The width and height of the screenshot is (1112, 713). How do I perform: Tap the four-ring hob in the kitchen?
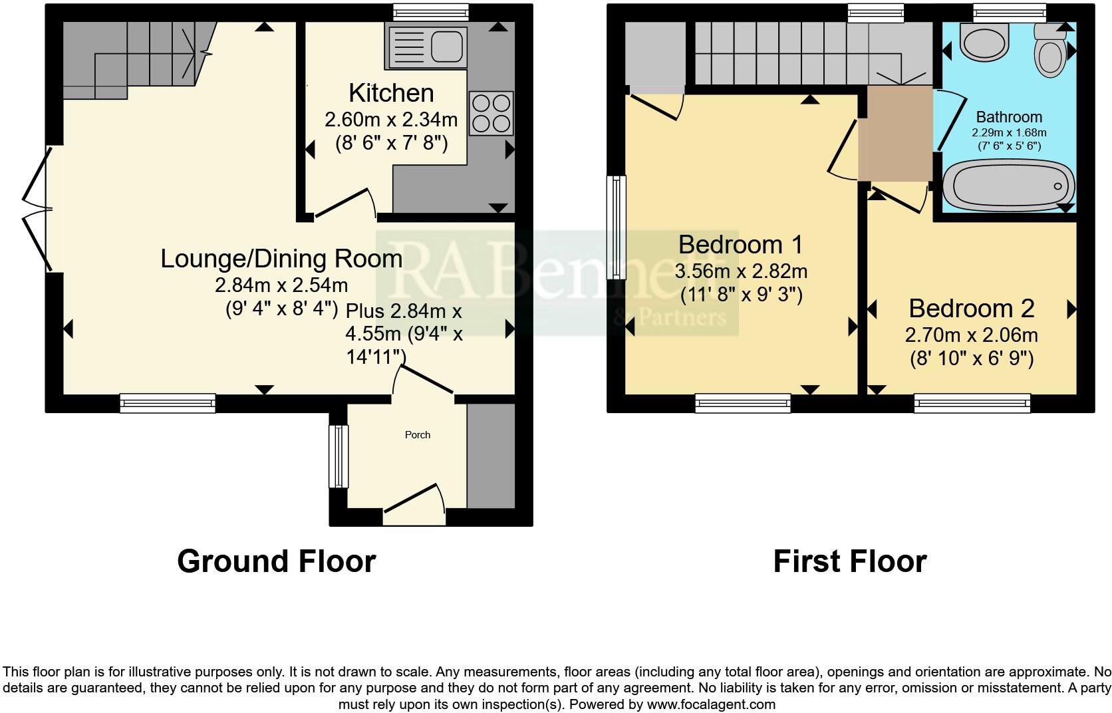[x=491, y=114]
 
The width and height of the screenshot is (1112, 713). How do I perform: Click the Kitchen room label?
[x=391, y=93]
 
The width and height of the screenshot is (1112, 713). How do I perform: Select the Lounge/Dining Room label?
[x=281, y=258]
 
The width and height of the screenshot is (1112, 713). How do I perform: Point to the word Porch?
[x=418, y=435]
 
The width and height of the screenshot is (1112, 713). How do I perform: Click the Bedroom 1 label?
[x=741, y=245]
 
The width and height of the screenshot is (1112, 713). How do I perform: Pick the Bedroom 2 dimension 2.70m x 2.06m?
[x=971, y=335]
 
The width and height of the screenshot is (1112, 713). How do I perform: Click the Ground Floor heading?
[x=276, y=561]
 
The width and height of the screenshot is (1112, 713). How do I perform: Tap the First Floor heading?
[x=849, y=561]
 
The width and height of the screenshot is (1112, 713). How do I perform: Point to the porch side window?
[x=339, y=456]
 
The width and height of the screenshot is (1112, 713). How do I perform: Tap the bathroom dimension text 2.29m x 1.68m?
[x=1009, y=132]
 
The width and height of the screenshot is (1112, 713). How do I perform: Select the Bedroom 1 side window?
[x=618, y=227]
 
